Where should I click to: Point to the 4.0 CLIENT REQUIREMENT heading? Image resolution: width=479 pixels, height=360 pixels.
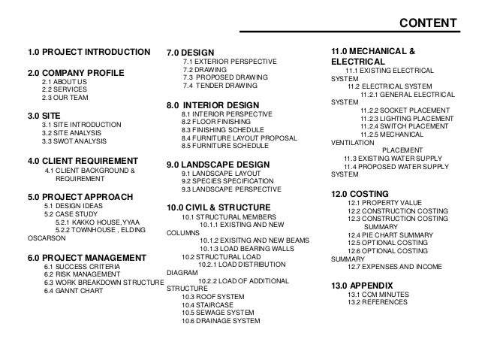tap(83, 161)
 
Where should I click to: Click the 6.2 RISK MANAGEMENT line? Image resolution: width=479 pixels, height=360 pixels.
tap(86, 274)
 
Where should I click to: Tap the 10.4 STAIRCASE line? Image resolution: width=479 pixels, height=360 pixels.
tap(207, 304)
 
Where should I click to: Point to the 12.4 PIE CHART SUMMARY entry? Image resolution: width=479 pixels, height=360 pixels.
tap(390, 235)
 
